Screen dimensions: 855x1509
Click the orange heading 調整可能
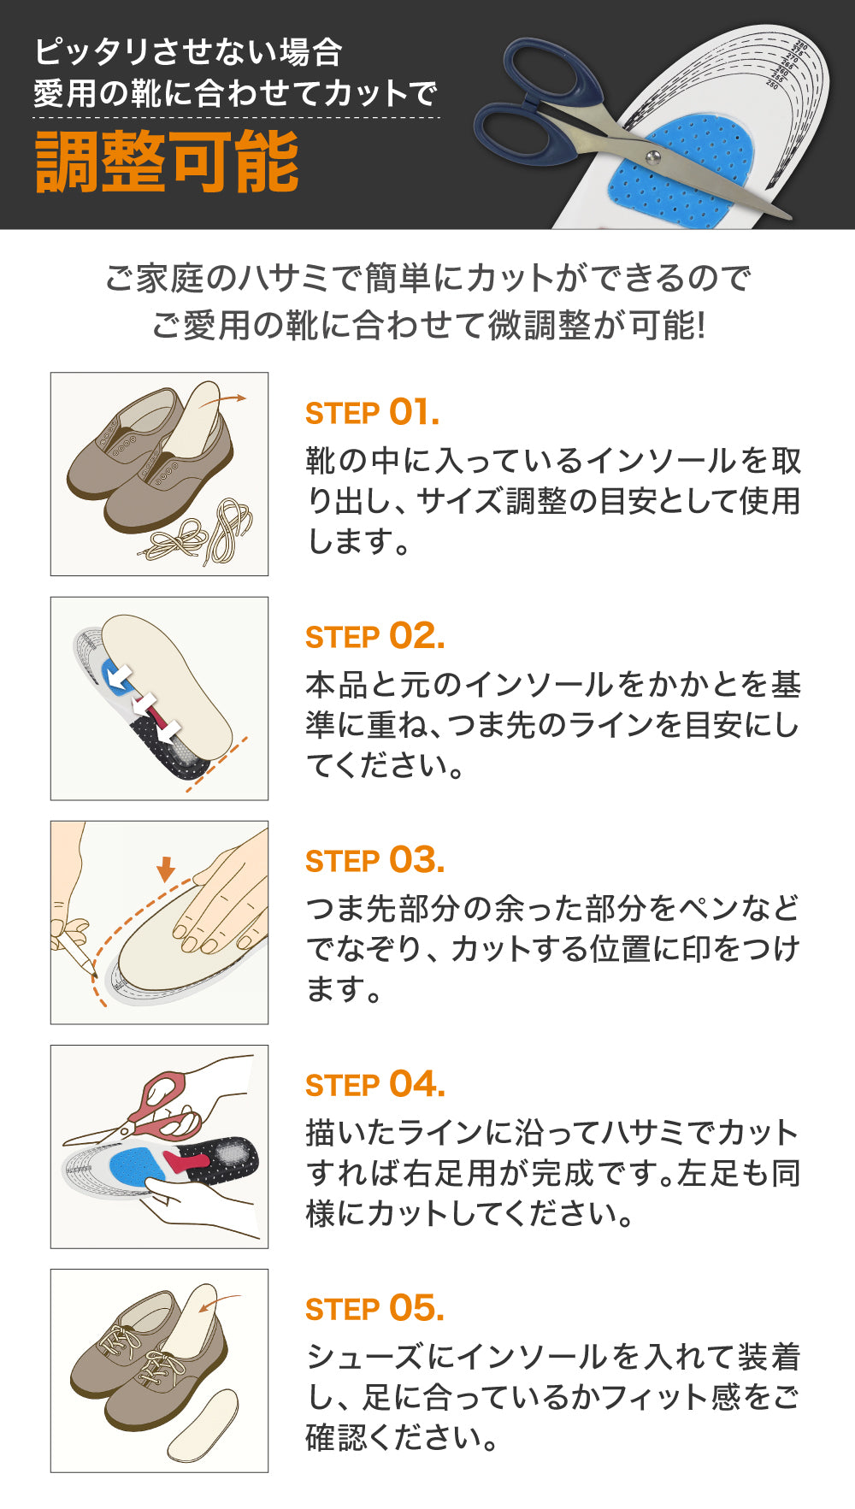point(168,162)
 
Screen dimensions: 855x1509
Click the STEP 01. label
point(373,413)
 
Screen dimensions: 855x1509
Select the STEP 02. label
point(375,637)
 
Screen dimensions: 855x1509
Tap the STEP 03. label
point(375,861)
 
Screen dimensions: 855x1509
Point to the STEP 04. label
point(375,1085)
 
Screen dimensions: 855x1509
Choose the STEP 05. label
point(375,1309)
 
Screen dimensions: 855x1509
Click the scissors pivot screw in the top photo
point(653,156)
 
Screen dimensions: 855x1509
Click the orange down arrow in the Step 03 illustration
point(166,869)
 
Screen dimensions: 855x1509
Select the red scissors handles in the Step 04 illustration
point(163,1107)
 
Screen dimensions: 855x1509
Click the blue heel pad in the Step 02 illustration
point(114,673)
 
